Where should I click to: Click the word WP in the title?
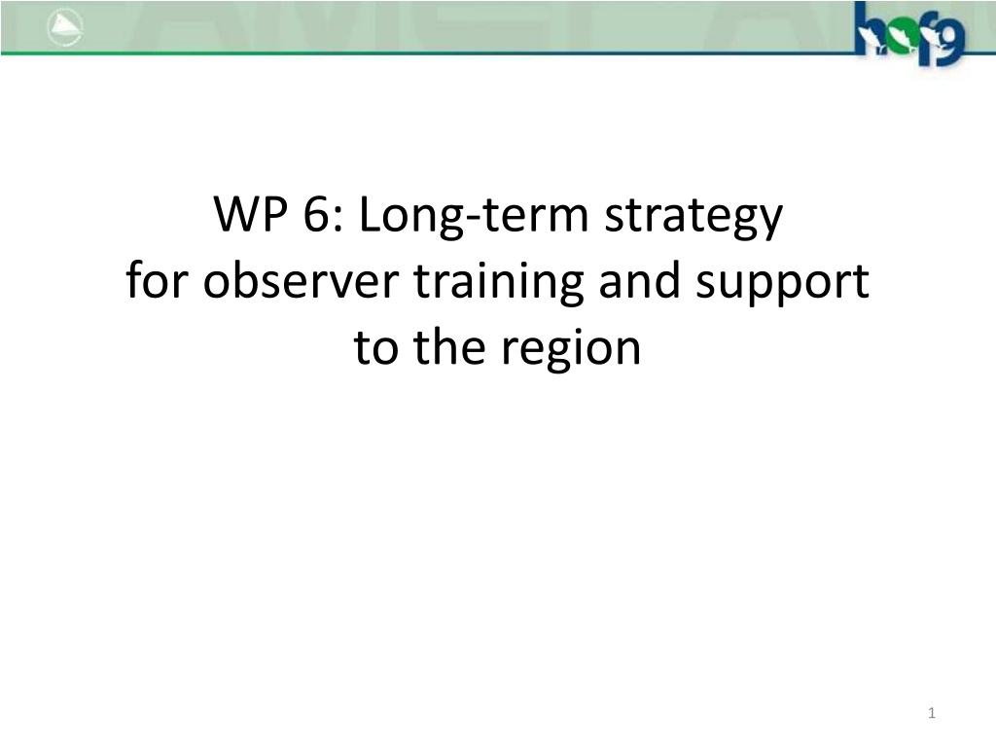pos(250,214)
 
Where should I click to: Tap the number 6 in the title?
pos(315,214)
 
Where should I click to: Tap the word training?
pos(499,282)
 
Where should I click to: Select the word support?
pos(782,283)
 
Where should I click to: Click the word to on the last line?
pos(376,347)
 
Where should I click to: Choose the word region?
pos(570,349)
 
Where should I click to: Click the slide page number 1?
pos(932,713)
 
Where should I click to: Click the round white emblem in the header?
pos(65,28)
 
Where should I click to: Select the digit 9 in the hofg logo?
pos(951,40)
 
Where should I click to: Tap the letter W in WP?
pos(236,214)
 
